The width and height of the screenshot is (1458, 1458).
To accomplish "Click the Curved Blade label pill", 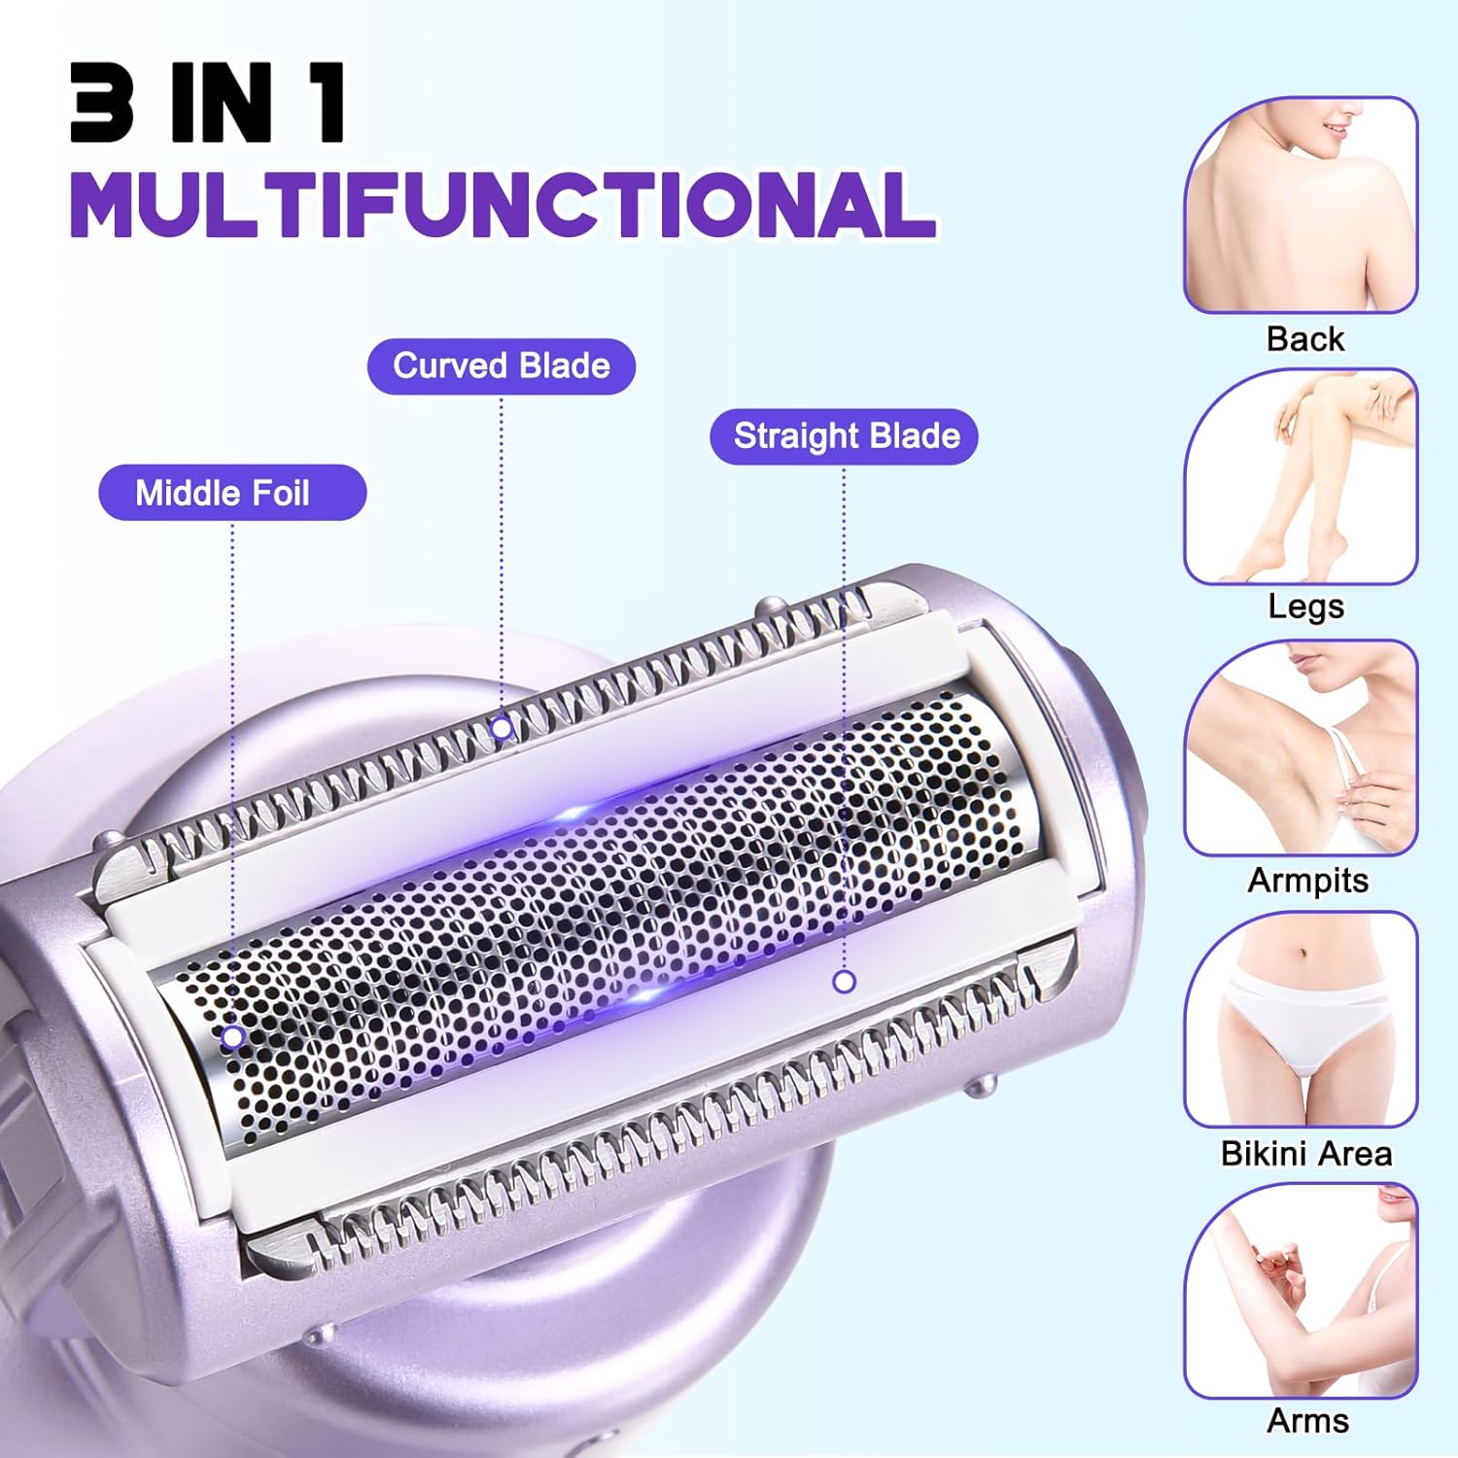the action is pos(502,366).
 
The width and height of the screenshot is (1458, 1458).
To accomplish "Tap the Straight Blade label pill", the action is pos(844,436).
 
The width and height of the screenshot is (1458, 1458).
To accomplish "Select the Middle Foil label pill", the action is pos(232,493).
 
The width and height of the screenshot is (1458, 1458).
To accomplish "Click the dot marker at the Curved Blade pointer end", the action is pos(502,727).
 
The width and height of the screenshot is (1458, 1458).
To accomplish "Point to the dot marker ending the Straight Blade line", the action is pos(844,982).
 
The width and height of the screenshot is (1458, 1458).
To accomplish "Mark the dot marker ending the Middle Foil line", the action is pos(232,1037).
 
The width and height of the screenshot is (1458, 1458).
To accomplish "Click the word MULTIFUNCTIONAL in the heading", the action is pos(503,204).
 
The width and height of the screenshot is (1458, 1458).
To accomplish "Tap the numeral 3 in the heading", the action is pos(101,103).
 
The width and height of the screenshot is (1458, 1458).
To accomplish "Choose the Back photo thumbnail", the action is pos(1301,205).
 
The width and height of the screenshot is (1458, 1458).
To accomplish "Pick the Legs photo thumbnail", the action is pos(1301,476).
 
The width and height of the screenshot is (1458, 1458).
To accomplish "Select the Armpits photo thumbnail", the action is pos(1301,748).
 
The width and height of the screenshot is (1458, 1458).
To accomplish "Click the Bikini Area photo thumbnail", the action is pos(1301,1020).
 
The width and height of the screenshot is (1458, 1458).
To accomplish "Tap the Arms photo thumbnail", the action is pos(1301,1291).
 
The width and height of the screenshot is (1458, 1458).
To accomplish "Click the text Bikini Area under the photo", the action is pos(1306,1154).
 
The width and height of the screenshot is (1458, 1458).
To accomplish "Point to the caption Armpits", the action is pos(1307,882).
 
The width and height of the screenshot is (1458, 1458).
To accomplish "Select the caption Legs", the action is pos(1306,607).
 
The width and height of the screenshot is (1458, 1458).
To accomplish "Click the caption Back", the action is pos(1305,339).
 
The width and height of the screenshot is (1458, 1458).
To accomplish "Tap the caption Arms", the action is pos(1307,1421).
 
